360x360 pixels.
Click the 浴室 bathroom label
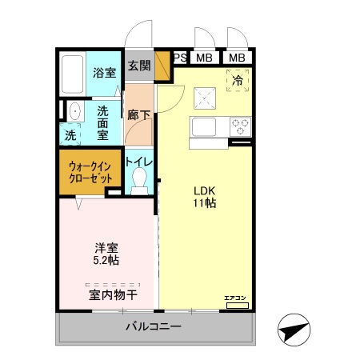pos(104,73)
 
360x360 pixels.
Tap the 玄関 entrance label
pos(138,66)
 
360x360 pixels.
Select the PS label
pos(180,57)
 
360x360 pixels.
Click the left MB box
pos(205,58)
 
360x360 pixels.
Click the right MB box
pos(236,58)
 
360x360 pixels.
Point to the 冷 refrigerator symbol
pos(237,79)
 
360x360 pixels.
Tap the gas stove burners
pos(239,126)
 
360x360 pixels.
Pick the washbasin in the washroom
pos(74,110)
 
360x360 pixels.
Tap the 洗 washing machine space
pos(70,136)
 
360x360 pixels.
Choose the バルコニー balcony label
pos(154,326)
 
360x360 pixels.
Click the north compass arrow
pos(293,330)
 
